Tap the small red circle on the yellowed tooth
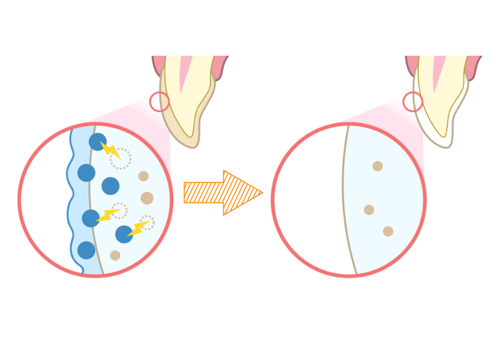coord(159,101)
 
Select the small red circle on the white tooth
coord(412,101)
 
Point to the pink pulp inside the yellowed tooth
coord(185,71)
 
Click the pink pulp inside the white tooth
coord(439,71)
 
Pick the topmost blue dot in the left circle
coord(97,142)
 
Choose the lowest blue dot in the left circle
coord(86,250)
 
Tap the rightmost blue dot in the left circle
coord(124,233)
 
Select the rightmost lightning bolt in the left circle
coord(139,228)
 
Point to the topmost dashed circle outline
coord(120,158)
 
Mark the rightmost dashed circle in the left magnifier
coord(147,222)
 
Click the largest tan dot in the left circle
coord(147,198)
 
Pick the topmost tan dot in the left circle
coord(143,176)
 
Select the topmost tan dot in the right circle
coord(377,166)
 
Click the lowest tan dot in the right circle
coord(388,231)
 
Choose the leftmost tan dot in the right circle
coord(369,209)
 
